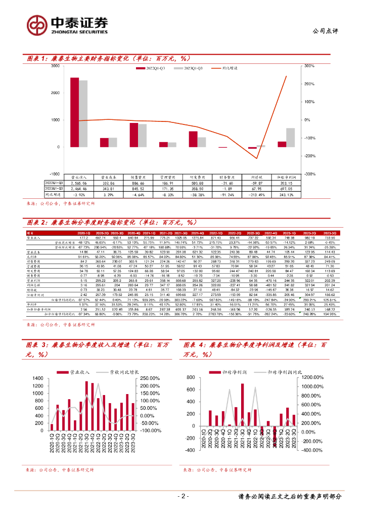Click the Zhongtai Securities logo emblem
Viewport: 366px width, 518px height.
36,24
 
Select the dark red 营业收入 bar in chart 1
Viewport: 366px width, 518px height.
74,112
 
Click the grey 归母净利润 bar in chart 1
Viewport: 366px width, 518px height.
291,138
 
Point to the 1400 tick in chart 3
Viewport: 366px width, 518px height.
39,378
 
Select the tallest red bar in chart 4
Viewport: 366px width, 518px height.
242,405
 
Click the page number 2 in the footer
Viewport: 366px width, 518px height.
184,497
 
